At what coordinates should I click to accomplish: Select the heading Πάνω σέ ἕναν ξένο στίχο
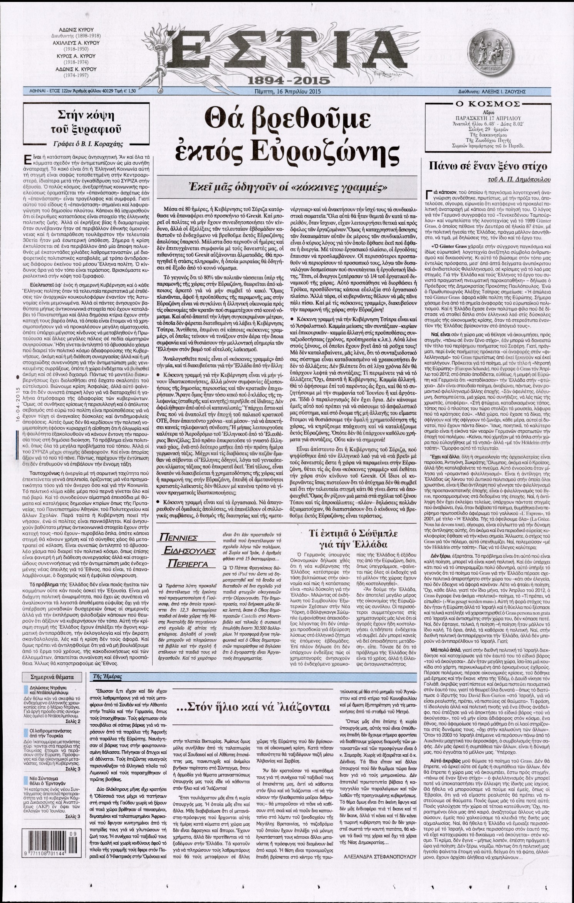[485, 167]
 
